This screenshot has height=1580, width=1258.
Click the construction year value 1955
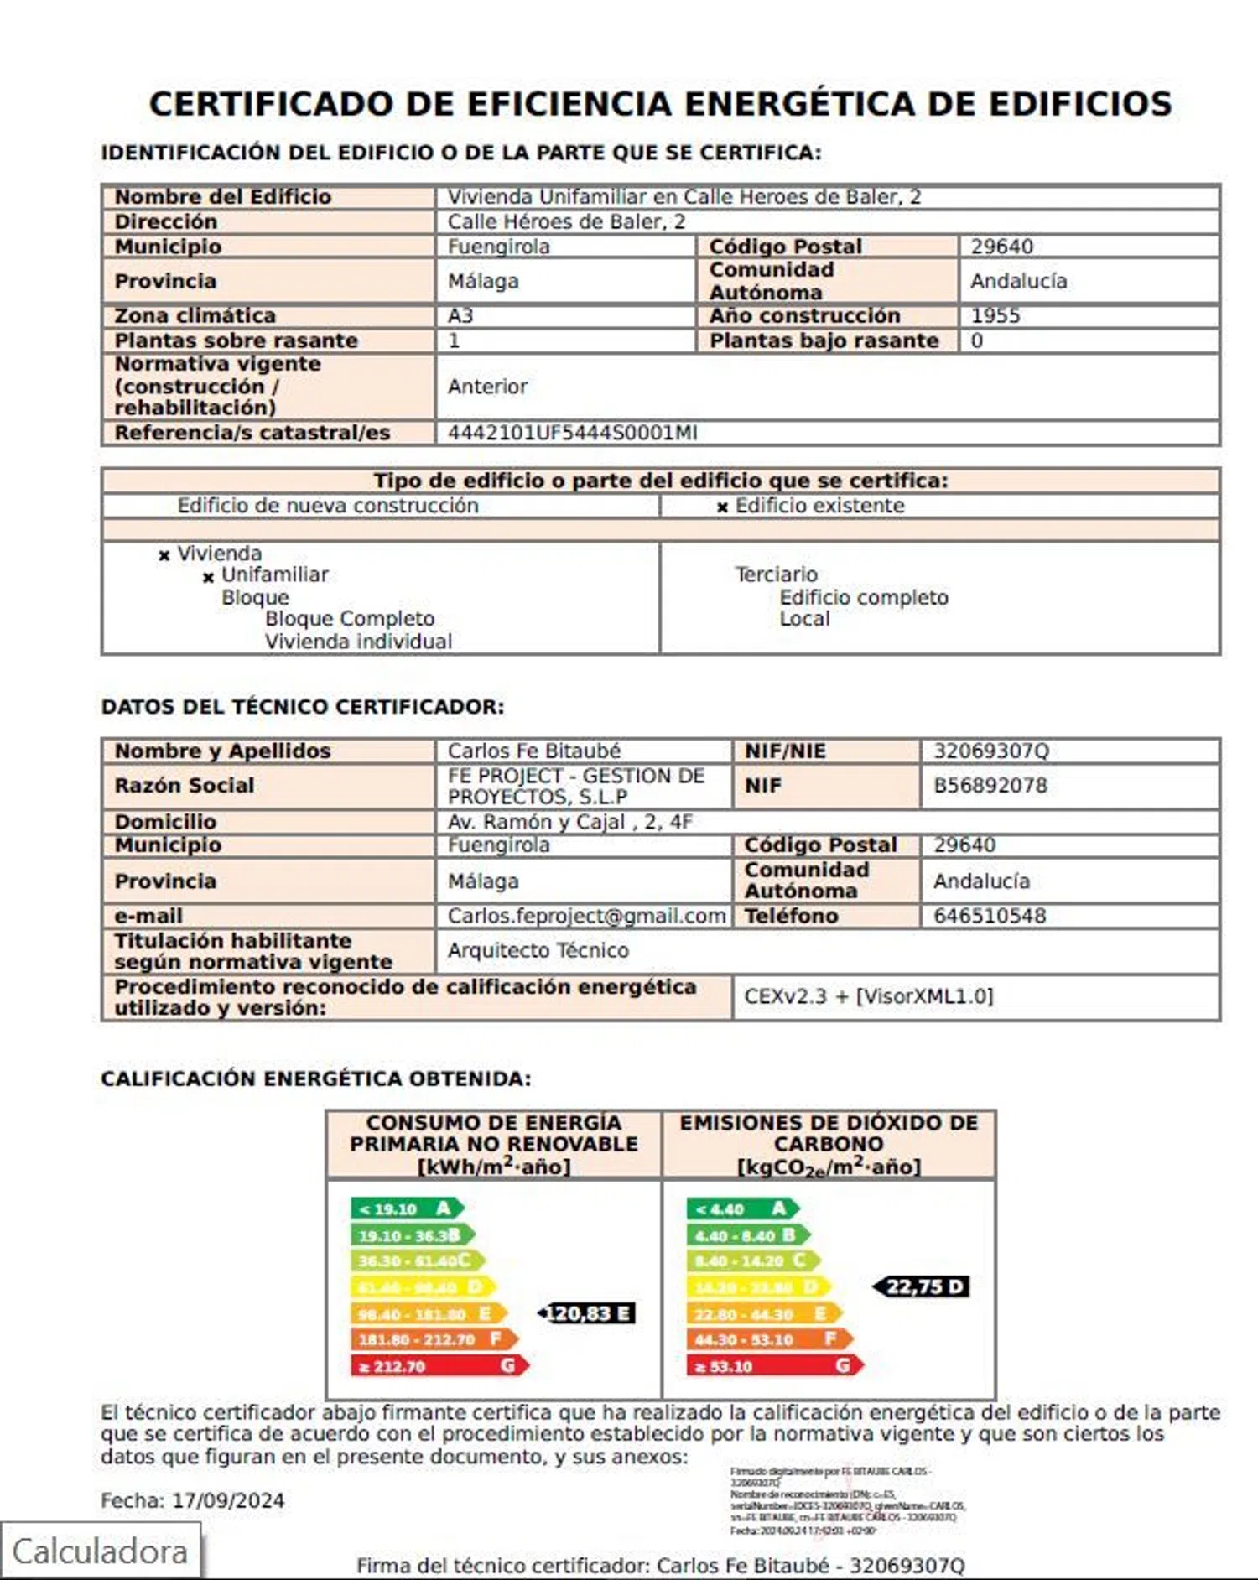[x=995, y=316]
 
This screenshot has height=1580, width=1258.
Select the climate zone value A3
[x=460, y=316]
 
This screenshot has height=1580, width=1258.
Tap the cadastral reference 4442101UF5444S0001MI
[x=572, y=433]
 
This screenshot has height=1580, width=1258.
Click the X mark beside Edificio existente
[x=722, y=507]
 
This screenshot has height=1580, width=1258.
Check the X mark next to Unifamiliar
[x=208, y=577]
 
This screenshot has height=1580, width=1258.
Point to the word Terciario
[x=776, y=574]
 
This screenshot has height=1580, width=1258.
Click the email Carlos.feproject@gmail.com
[x=586, y=916]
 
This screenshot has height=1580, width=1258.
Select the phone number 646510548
[x=990, y=916]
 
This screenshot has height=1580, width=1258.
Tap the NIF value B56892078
[x=990, y=786]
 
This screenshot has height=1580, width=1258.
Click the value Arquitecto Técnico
[x=538, y=950]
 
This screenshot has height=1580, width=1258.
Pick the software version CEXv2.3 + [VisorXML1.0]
[x=868, y=996]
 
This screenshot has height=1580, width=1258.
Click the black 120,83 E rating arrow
[x=587, y=1313]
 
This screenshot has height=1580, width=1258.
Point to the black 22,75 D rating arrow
[x=922, y=1286]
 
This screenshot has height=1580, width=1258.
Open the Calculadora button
[x=100, y=1551]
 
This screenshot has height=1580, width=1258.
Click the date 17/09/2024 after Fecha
[x=228, y=1500]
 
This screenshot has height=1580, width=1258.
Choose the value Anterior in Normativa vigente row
[x=487, y=387]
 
